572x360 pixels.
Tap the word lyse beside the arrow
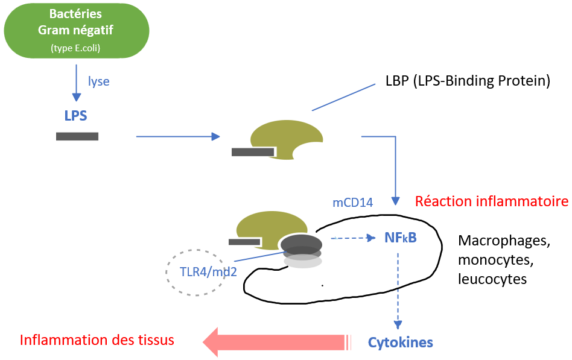(x=98, y=81)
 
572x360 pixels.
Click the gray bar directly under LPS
(x=77, y=136)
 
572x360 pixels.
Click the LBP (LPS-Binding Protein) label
(x=468, y=81)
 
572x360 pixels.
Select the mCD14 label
(x=352, y=203)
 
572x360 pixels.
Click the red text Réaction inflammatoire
(x=492, y=201)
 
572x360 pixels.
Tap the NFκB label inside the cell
(x=400, y=238)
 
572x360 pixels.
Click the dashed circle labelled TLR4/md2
(x=195, y=272)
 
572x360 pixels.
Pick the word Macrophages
(x=504, y=241)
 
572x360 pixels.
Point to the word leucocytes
(x=492, y=279)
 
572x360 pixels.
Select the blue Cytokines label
(x=400, y=343)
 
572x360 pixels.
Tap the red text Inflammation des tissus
(x=97, y=340)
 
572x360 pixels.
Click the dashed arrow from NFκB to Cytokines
(x=398, y=289)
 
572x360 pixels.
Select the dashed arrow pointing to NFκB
(x=353, y=238)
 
